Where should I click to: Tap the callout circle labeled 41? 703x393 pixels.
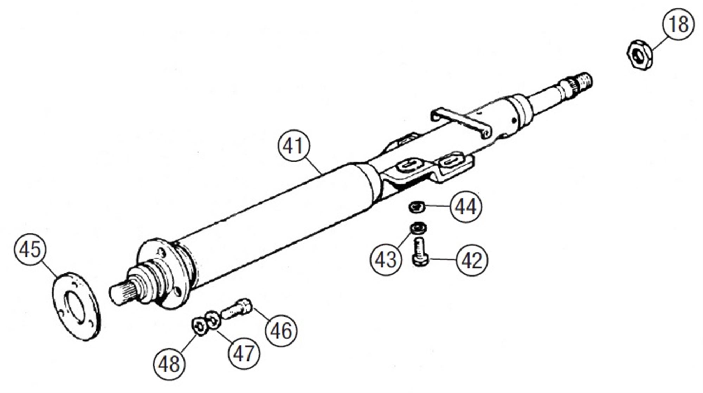click(294, 146)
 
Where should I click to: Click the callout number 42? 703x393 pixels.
click(472, 260)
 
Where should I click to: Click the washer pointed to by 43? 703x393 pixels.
click(418, 228)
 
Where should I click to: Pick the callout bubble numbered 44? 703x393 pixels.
click(465, 207)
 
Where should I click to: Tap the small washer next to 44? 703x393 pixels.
click(417, 206)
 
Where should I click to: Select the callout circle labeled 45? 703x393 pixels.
click(30, 249)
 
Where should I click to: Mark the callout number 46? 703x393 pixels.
click(281, 331)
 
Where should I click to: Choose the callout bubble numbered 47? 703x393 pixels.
click(244, 353)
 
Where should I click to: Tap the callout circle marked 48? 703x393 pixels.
click(169, 364)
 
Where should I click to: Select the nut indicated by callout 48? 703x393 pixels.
click(199, 326)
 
